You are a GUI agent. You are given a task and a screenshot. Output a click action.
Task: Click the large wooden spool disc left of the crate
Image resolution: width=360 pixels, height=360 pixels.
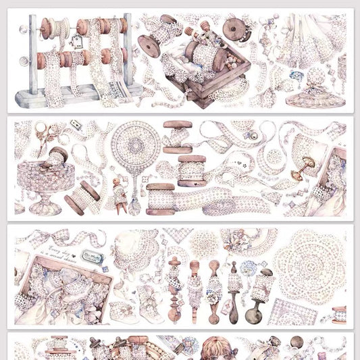point(149,45)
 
